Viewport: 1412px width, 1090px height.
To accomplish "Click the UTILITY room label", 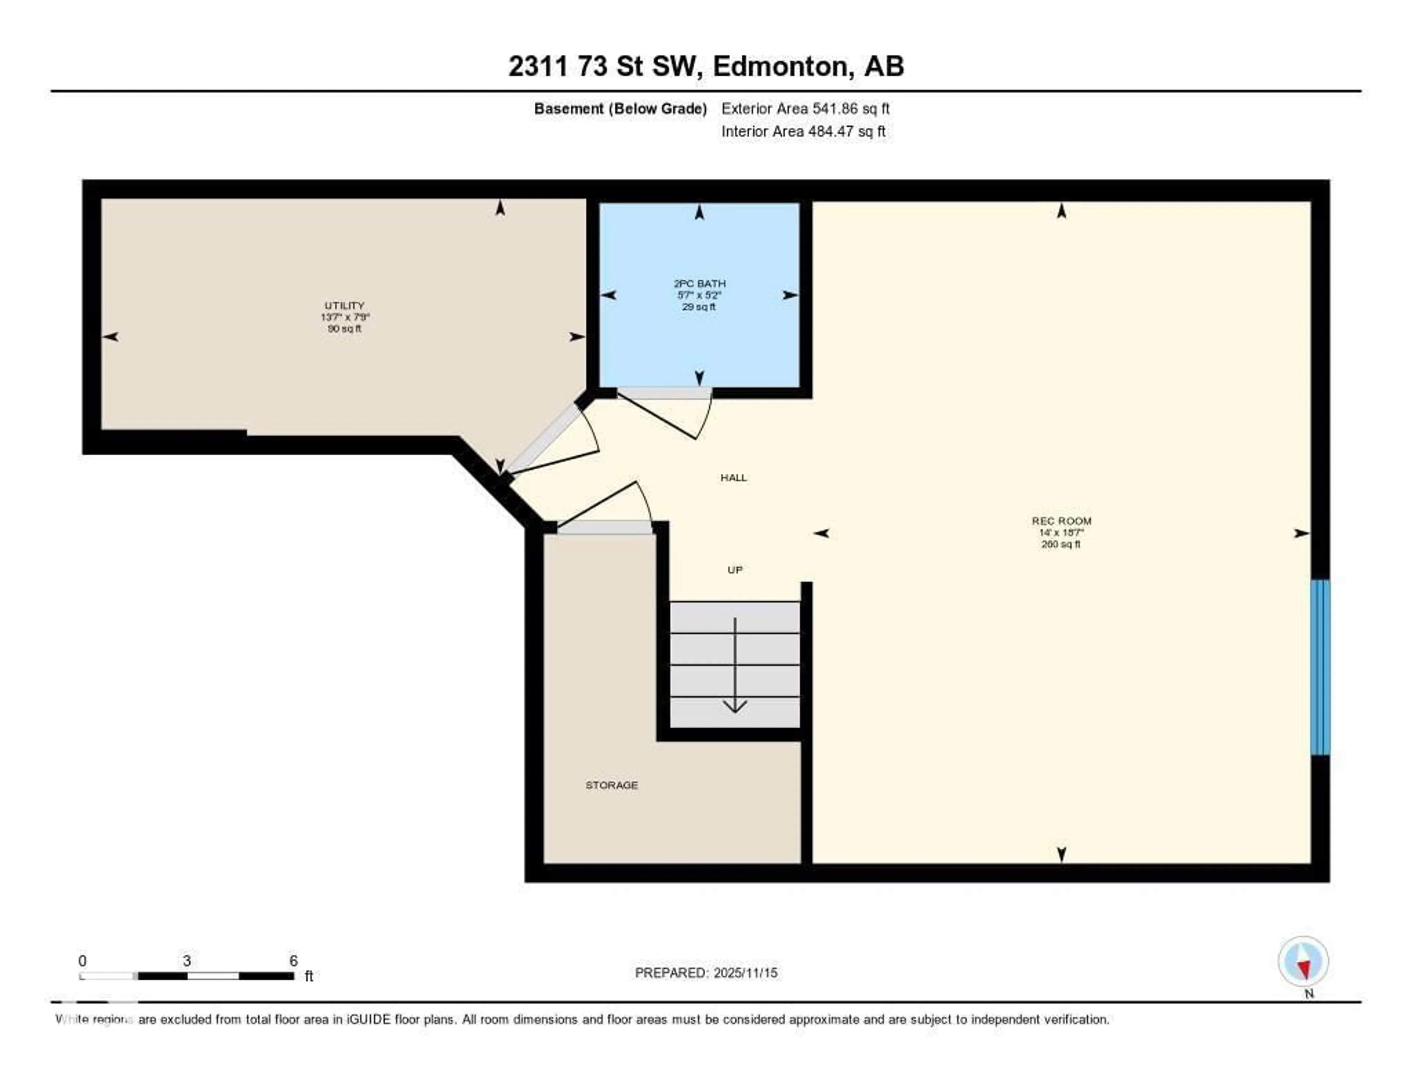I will click(345, 306).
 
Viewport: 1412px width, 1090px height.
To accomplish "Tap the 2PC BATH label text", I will click(699, 284).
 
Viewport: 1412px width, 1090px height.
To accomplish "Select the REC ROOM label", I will click(1061, 521).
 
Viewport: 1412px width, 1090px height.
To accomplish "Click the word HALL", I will click(734, 477).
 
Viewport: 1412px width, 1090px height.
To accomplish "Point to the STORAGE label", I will click(611, 785).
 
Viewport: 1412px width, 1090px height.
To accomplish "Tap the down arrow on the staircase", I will click(735, 666).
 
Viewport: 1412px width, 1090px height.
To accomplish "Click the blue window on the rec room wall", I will click(1320, 667).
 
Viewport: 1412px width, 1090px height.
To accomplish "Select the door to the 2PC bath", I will click(666, 413).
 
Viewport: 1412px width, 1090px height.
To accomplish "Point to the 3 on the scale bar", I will click(187, 961).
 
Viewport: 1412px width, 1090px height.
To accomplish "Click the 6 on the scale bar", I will click(293, 961).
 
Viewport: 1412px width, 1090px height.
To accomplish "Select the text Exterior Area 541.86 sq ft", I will click(805, 108).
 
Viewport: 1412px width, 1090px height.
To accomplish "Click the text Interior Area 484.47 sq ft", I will click(803, 132).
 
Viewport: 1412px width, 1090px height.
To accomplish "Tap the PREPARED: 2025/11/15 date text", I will click(706, 972).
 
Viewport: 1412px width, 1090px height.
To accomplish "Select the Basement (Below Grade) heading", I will click(620, 108).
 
